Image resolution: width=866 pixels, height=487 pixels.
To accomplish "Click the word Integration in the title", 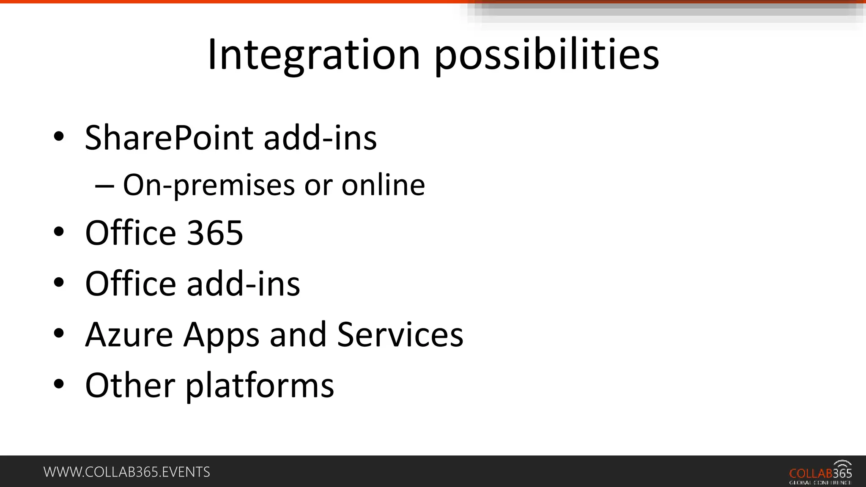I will [x=313, y=55].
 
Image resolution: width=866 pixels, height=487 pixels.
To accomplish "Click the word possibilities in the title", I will [x=546, y=55].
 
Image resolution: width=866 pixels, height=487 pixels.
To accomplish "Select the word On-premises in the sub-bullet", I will [x=208, y=185].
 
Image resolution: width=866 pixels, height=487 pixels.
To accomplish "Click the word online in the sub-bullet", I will [x=383, y=185].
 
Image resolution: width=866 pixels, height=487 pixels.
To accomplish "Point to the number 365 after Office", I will [x=215, y=233].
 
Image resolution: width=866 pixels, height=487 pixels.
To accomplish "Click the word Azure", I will [x=129, y=334].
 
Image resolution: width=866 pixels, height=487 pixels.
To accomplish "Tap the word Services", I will [x=400, y=334].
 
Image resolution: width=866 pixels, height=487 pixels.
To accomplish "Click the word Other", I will [x=130, y=385].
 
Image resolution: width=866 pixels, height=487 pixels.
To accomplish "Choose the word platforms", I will [x=260, y=385].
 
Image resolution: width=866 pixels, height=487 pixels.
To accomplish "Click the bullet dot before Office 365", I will [x=59, y=232].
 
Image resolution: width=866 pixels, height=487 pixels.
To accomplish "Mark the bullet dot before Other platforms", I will [x=59, y=384].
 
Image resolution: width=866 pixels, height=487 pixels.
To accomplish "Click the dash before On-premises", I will [x=104, y=186].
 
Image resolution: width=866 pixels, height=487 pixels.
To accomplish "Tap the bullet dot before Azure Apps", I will [x=59, y=334].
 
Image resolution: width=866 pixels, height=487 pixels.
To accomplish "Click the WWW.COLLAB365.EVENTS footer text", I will [x=126, y=472].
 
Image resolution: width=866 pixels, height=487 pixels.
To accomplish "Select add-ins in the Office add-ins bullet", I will [x=243, y=284].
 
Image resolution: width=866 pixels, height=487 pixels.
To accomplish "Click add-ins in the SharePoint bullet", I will [x=320, y=138].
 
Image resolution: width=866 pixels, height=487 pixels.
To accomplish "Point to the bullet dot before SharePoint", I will [x=59, y=137].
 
